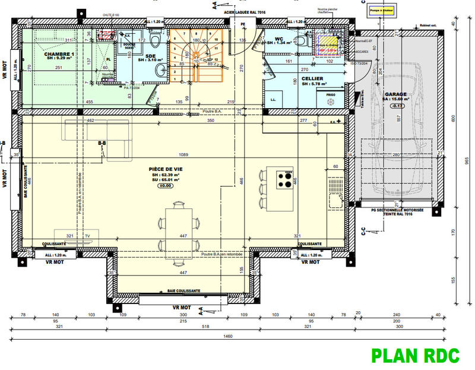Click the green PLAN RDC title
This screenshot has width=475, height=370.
(415, 355)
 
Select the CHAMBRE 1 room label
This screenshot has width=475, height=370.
(59, 55)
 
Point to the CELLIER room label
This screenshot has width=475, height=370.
(312, 78)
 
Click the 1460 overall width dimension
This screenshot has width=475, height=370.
(228, 336)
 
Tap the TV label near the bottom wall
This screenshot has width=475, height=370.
(87, 236)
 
